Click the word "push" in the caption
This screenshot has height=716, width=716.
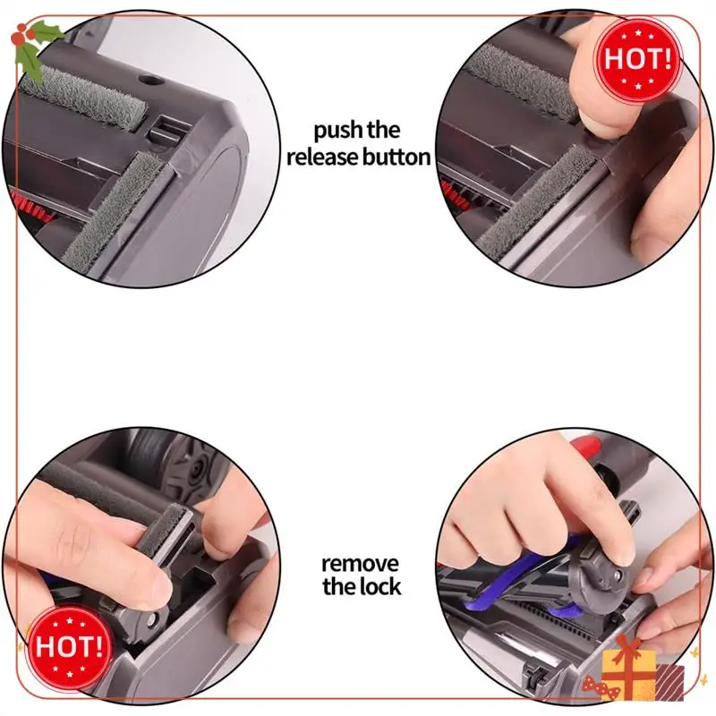tap(337, 131)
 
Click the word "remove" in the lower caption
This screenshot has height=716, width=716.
tap(362, 564)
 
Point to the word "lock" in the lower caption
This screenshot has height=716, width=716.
tap(377, 588)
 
